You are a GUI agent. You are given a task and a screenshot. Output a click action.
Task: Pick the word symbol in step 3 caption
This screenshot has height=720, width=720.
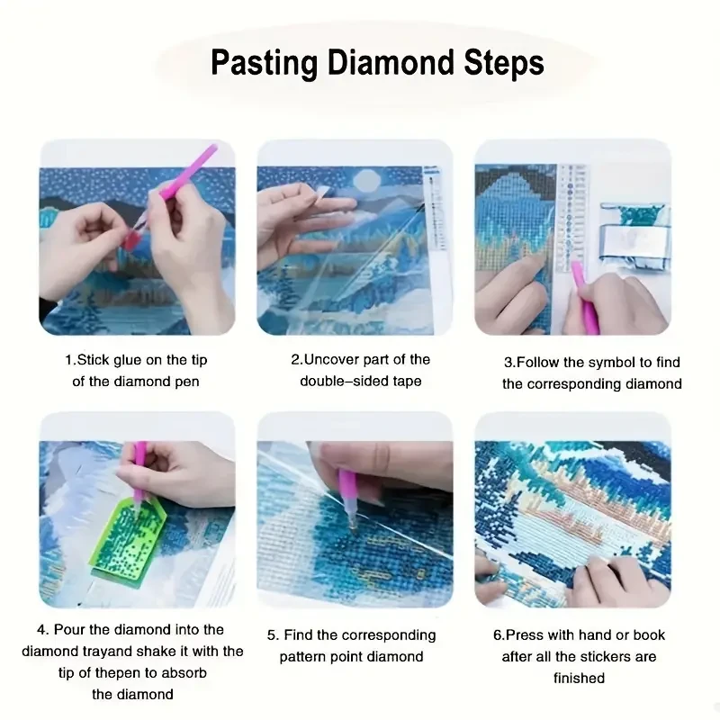click(x=615, y=363)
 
